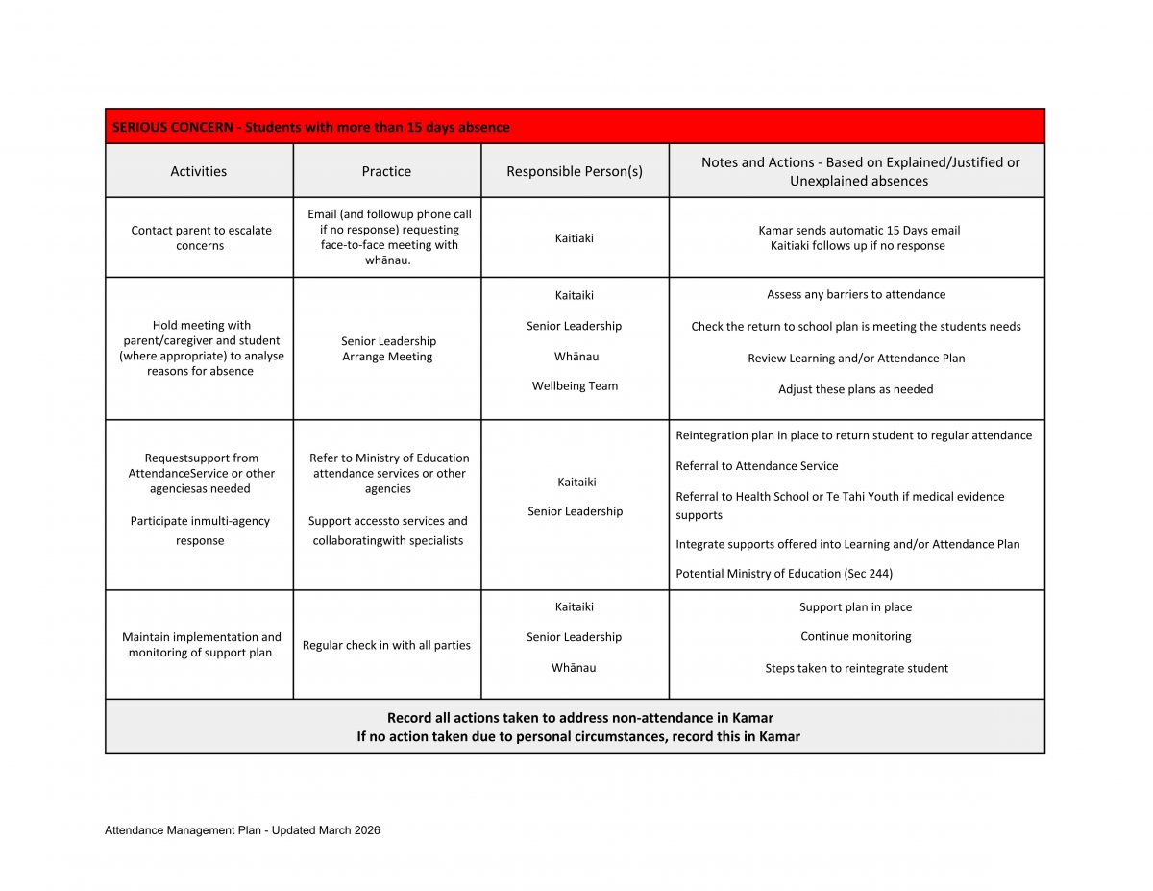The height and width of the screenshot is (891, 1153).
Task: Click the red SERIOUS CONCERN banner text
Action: (x=310, y=127)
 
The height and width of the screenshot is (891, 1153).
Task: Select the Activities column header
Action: (x=199, y=171)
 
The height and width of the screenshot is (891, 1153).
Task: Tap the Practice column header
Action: (x=386, y=171)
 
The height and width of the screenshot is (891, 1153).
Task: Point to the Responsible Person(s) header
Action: (x=575, y=171)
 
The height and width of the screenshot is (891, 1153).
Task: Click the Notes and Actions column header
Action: (x=860, y=171)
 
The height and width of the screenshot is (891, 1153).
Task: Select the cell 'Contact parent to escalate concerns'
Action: (x=200, y=237)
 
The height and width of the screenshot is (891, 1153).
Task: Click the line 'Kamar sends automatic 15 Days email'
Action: (x=859, y=230)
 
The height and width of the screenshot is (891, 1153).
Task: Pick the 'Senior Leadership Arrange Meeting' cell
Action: (x=388, y=349)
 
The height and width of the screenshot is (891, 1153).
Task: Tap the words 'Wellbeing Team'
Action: (x=575, y=386)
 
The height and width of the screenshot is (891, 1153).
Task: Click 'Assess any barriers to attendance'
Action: (x=856, y=294)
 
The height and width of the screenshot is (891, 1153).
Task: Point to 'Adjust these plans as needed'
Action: (x=856, y=389)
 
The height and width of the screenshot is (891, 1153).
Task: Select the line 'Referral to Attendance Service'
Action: (x=757, y=466)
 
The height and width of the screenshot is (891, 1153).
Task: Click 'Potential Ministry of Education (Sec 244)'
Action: (x=784, y=574)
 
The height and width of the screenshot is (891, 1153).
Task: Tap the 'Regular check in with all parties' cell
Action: (x=386, y=645)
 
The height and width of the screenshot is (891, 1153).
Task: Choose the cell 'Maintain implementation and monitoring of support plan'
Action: (x=202, y=645)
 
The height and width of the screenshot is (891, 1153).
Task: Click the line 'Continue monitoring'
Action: (x=856, y=636)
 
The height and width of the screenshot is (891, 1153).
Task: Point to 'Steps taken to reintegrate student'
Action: (x=856, y=668)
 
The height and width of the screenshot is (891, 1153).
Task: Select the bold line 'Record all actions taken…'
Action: (x=579, y=717)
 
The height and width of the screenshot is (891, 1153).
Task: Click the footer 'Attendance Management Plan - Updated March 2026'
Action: (x=242, y=830)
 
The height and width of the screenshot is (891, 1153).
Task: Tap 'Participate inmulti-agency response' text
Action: (x=200, y=531)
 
